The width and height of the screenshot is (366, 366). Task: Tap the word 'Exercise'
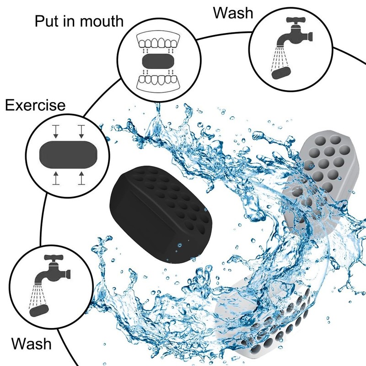(x=35, y=106)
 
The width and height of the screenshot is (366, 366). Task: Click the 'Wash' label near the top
(x=233, y=12)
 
